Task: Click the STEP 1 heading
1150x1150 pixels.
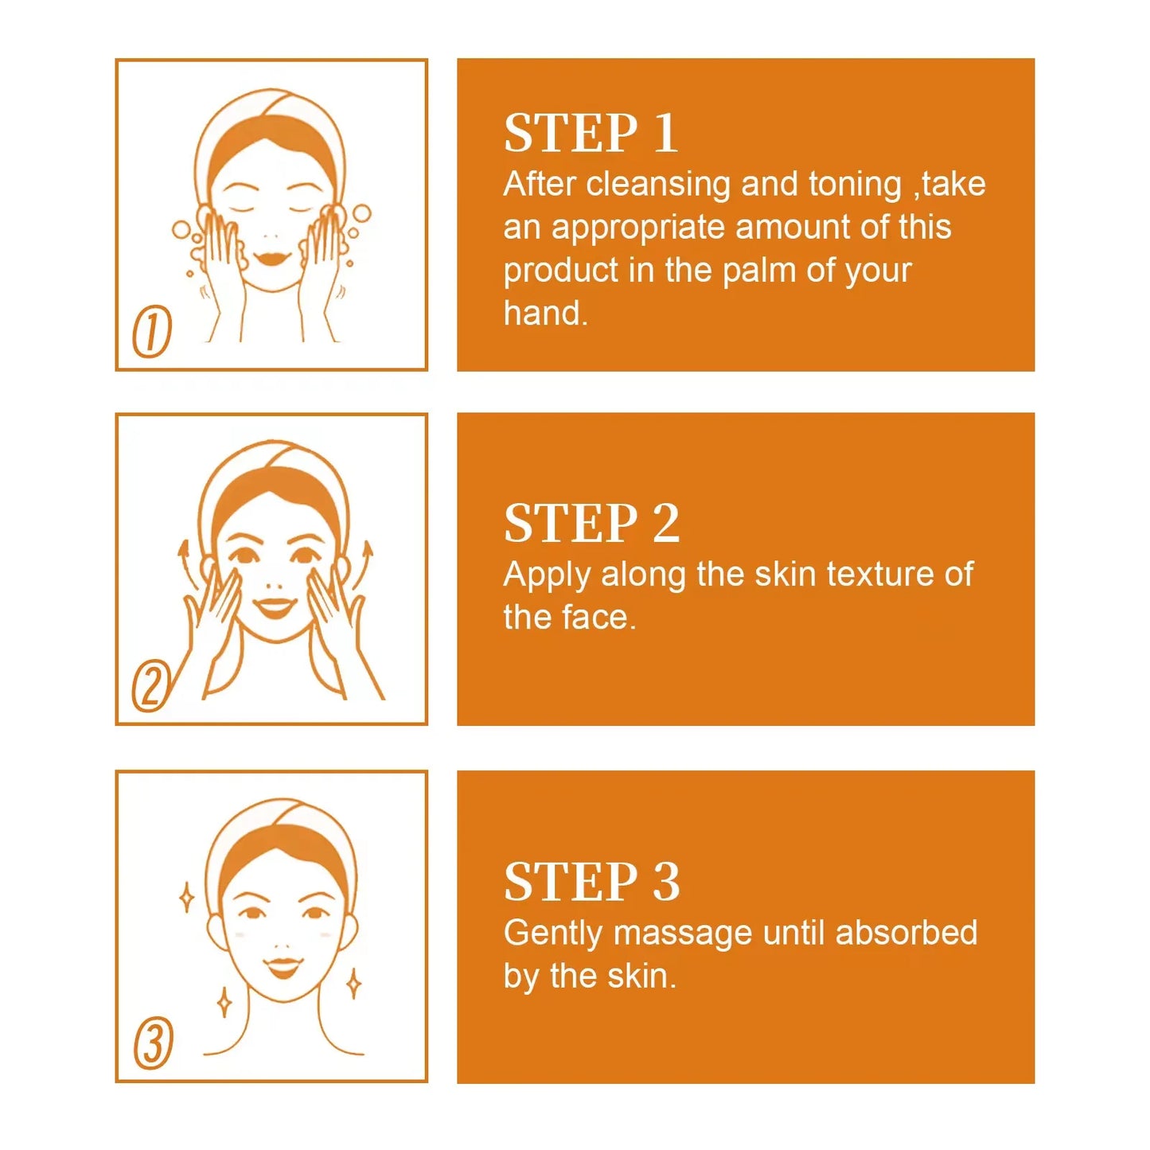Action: (591, 133)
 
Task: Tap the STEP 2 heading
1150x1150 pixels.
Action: (591, 524)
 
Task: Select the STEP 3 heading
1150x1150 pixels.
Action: (591, 882)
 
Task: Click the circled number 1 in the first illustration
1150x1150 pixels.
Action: (152, 331)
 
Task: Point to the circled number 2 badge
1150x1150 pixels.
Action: (151, 686)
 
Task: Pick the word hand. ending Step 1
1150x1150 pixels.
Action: (545, 314)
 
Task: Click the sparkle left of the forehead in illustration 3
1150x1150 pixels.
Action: (187, 898)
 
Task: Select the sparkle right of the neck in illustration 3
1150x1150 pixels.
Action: (353, 984)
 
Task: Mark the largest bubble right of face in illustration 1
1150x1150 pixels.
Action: (361, 213)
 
